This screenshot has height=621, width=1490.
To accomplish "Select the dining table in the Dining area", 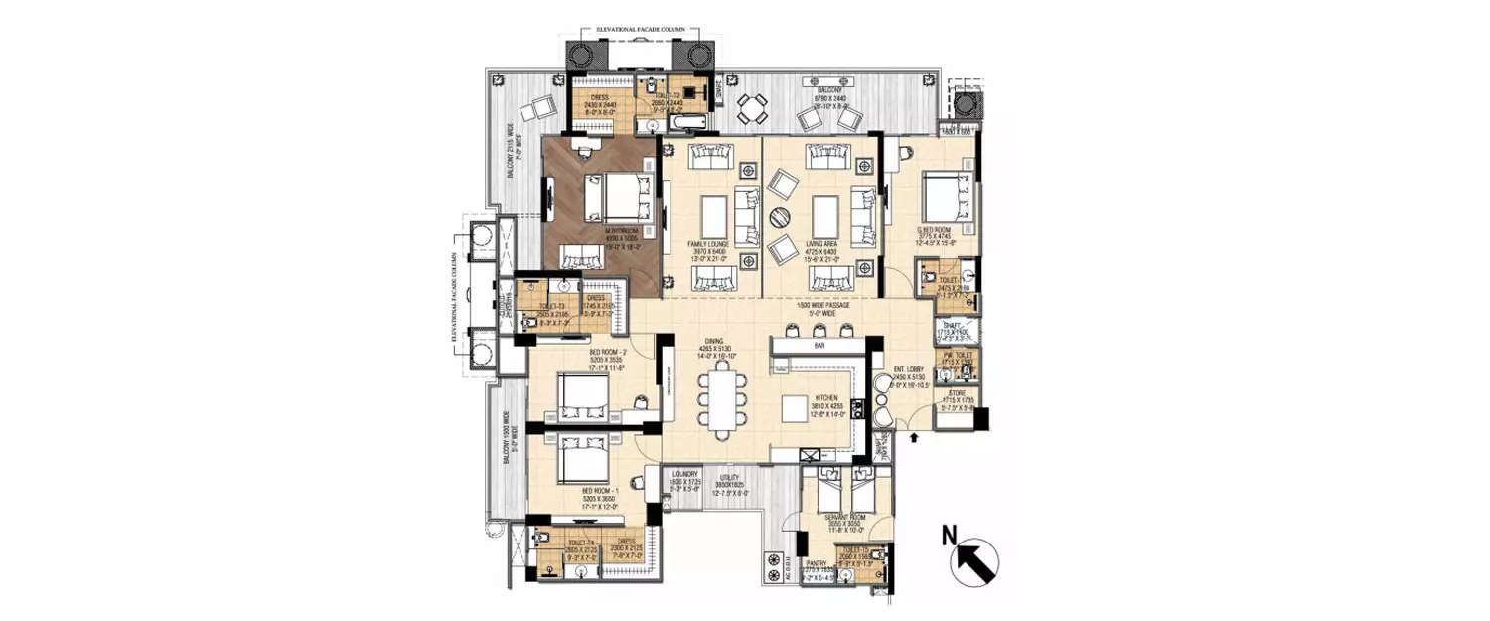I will [720, 396].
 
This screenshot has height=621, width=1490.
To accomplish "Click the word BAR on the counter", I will [819, 346].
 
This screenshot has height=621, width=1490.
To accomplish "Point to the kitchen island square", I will [796, 409].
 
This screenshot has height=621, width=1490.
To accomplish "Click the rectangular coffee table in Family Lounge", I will [715, 215].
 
